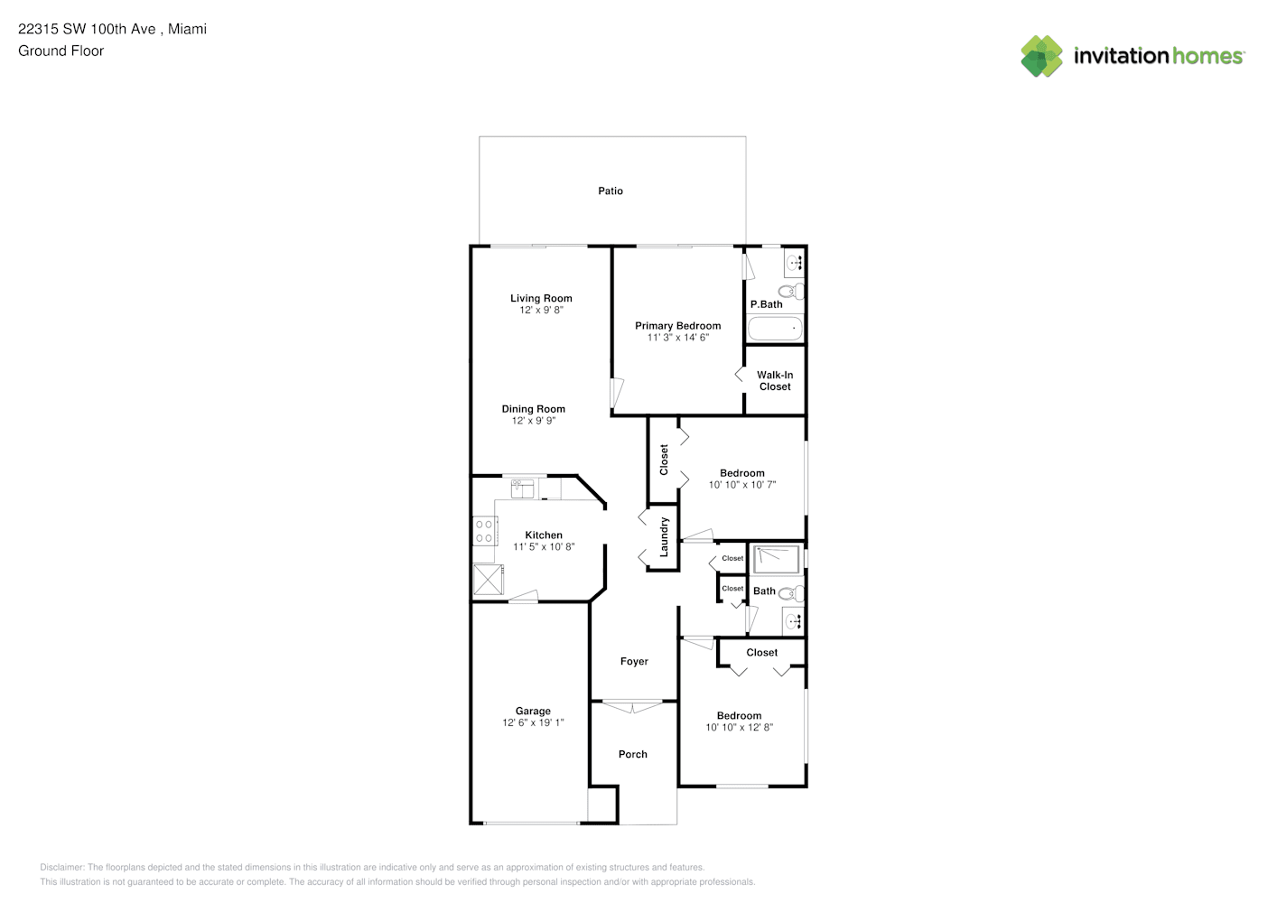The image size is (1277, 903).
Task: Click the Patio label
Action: click(x=610, y=191)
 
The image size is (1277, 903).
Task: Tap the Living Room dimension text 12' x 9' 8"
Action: click(x=541, y=310)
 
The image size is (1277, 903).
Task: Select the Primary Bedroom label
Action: click(x=678, y=325)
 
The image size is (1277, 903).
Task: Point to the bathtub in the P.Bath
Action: click(x=775, y=329)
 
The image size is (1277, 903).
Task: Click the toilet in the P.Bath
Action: click(x=791, y=292)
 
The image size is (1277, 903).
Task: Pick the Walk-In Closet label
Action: click(x=775, y=381)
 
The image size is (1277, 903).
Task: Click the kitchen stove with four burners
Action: click(x=485, y=531)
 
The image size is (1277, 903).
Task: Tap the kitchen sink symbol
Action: click(x=522, y=489)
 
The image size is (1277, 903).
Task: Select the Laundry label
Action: click(x=664, y=537)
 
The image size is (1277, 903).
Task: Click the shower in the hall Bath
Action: click(x=777, y=559)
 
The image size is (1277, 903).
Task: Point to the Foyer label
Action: click(x=634, y=661)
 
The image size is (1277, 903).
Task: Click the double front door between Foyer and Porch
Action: click(x=633, y=707)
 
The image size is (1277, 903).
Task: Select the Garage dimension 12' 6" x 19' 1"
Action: click(x=533, y=723)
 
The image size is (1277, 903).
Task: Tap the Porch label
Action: click(x=633, y=754)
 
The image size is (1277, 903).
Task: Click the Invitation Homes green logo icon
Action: click(x=1041, y=56)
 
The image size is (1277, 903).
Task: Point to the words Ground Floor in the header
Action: click(x=61, y=51)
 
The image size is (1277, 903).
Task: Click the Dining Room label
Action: click(x=533, y=409)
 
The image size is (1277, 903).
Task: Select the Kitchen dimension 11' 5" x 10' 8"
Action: click(x=544, y=546)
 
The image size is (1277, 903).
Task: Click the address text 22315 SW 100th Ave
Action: click(x=87, y=29)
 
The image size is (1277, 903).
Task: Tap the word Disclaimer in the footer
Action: click(x=61, y=867)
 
